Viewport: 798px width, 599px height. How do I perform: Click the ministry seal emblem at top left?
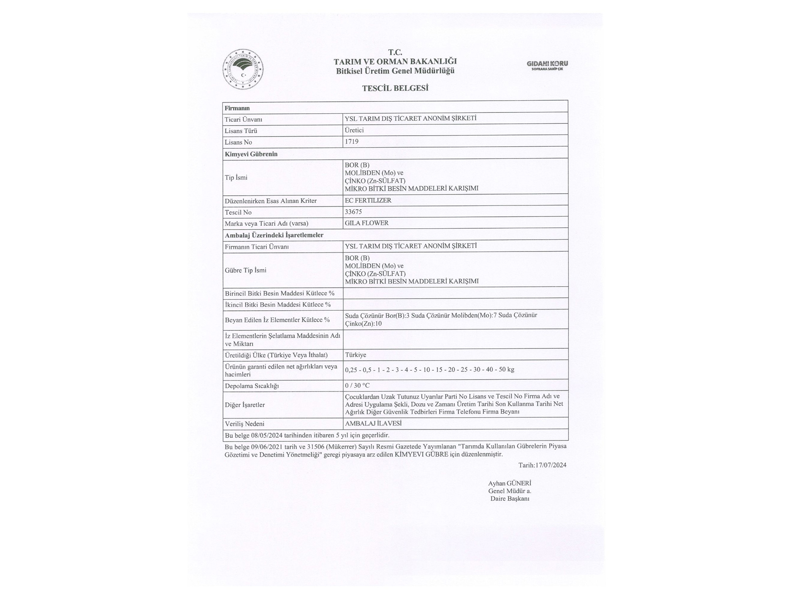(x=243, y=69)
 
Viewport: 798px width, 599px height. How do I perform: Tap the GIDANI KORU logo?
(x=547, y=65)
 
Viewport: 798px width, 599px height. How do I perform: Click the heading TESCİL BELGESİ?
(x=395, y=88)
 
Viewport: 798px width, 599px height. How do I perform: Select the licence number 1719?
(x=351, y=142)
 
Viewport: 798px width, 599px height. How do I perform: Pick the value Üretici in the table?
(x=354, y=130)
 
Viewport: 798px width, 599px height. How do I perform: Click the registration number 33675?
(x=353, y=212)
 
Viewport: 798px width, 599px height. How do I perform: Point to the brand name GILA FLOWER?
(x=366, y=223)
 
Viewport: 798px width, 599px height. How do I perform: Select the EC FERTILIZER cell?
(x=368, y=200)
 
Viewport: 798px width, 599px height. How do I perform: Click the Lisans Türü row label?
(x=241, y=131)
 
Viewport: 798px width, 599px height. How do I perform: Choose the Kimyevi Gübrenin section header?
(x=251, y=154)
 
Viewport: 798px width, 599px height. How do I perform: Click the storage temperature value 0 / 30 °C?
(x=357, y=386)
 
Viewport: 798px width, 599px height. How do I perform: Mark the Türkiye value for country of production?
(x=355, y=355)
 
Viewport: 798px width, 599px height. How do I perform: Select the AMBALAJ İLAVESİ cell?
(x=373, y=424)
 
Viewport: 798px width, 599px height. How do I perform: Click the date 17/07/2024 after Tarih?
(x=551, y=465)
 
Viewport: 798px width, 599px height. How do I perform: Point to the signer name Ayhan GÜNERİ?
(x=509, y=483)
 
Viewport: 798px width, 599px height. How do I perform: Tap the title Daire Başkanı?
(x=509, y=499)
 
